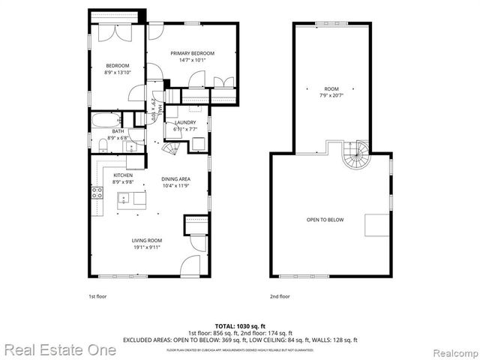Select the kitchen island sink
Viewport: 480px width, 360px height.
[x=124, y=198]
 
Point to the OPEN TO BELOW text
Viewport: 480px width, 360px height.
[x=324, y=220]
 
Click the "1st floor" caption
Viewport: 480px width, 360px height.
[x=97, y=296]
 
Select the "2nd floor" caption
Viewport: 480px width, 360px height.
[x=280, y=296]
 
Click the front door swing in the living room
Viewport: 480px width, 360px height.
[x=190, y=265]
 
